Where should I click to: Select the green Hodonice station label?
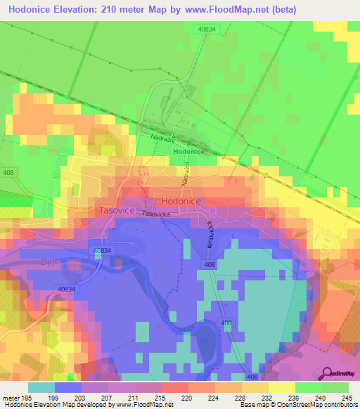tap(188, 151)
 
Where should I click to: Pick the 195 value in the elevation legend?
tap(25, 398)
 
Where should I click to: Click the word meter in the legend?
tap(9, 398)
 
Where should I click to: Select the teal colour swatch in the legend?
tap(41, 387)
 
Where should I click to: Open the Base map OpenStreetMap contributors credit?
tap(297, 405)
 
